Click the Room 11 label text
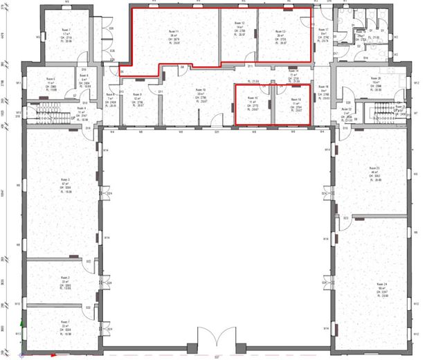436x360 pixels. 174,32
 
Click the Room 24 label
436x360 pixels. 380,284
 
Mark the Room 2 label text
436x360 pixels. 64,277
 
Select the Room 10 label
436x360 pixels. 200,90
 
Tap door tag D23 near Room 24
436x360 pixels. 345,217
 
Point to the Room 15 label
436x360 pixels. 252,99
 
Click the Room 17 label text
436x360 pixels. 323,30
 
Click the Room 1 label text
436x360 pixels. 64,322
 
